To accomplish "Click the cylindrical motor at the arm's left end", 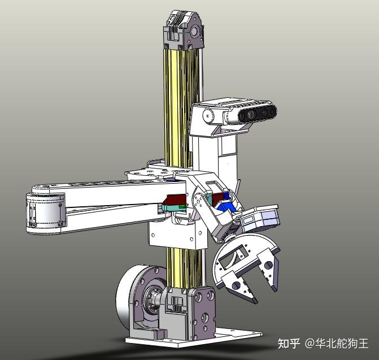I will [x=43, y=212].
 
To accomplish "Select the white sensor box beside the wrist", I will [x=259, y=218].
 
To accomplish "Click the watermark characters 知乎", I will [x=289, y=343].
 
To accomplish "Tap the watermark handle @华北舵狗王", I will [x=337, y=343].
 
